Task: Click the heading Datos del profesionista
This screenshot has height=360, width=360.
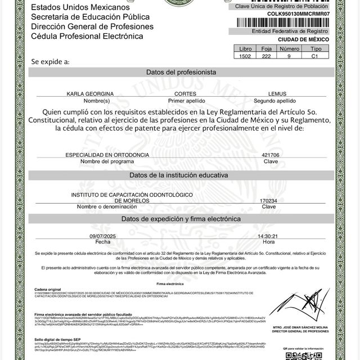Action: [181, 73]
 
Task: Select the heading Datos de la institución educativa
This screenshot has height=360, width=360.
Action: [181, 175]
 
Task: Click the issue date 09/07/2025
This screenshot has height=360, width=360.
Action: [102, 236]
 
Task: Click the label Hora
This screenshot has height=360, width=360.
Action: [268, 242]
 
